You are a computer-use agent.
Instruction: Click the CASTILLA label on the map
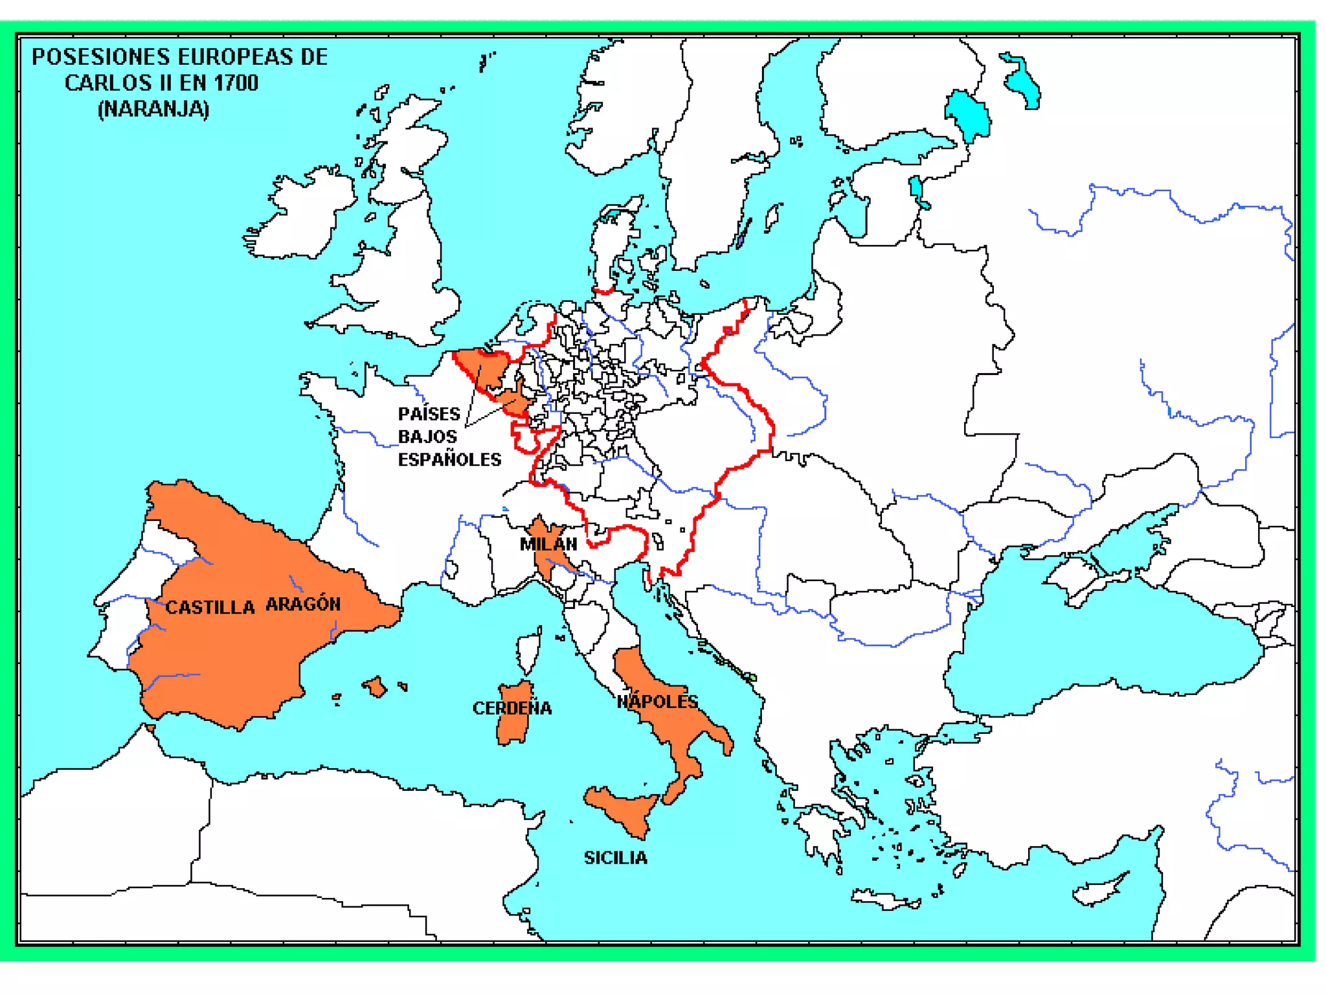pyautogui.click(x=210, y=607)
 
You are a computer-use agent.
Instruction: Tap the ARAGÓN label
pyautogui.click(x=303, y=604)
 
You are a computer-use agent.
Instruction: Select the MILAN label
pyautogui.click(x=548, y=544)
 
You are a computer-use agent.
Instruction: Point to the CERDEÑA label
pyautogui.click(x=512, y=708)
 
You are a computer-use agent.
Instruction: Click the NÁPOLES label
pyautogui.click(x=657, y=702)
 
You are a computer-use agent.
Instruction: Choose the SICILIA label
pyautogui.click(x=615, y=858)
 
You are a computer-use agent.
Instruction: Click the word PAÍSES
pyautogui.click(x=429, y=414)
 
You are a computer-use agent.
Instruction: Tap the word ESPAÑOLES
pyautogui.click(x=449, y=460)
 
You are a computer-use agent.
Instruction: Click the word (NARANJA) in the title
pyautogui.click(x=153, y=109)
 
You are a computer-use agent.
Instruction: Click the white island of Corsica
pyautogui.click(x=529, y=651)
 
